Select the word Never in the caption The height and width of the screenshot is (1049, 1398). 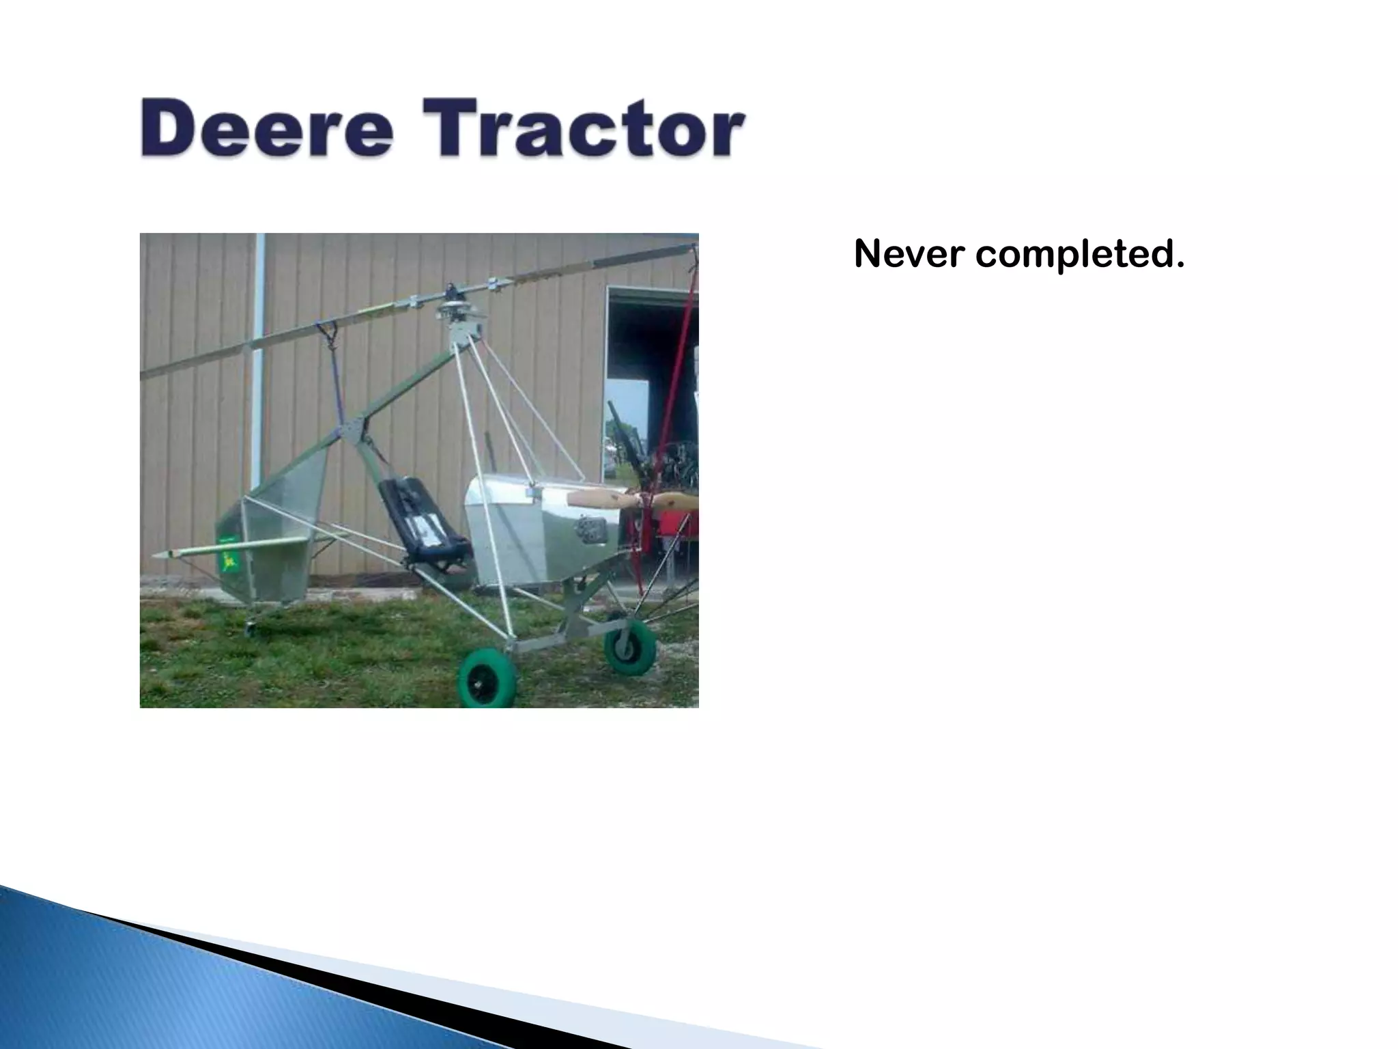tap(908, 254)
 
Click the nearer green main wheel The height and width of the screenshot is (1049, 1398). tap(487, 677)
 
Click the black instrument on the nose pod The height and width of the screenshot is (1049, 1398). tap(588, 527)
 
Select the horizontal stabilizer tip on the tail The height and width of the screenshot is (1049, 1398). tap(164, 555)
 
